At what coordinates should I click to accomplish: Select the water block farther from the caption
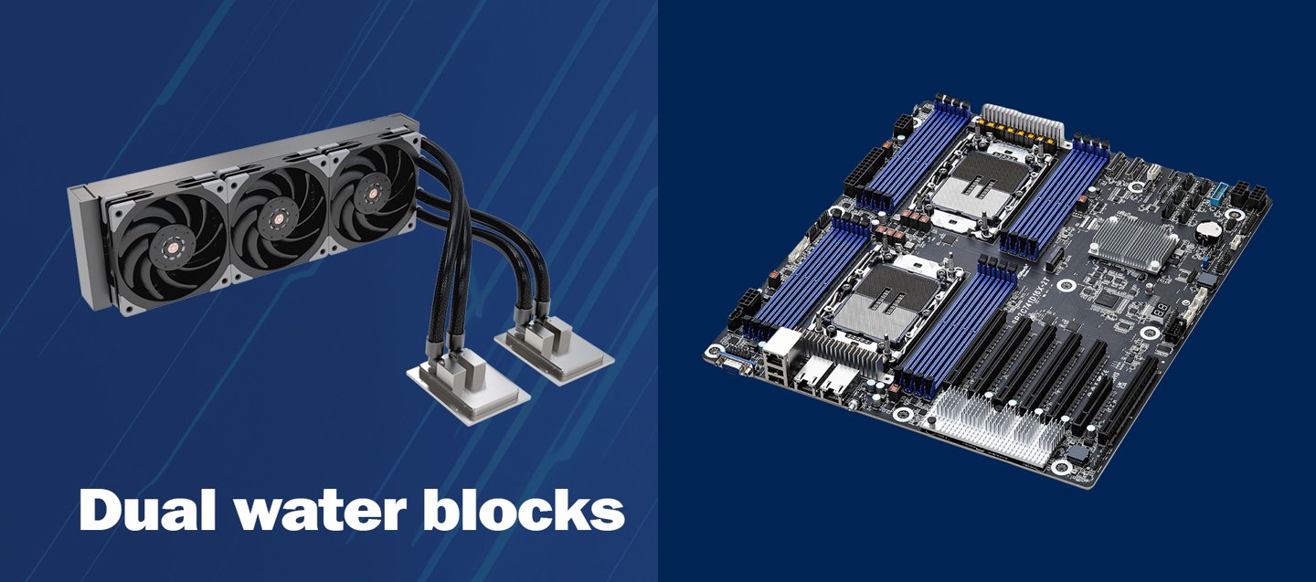[x=554, y=351]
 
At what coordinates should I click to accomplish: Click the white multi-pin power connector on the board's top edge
[x=1024, y=124]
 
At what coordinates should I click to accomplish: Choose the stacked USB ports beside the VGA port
[x=774, y=372]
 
